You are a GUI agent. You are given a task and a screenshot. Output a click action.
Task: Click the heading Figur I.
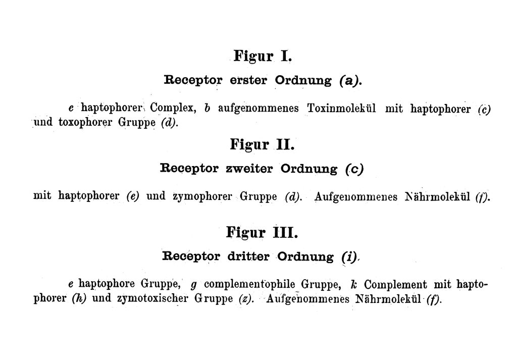[263, 56]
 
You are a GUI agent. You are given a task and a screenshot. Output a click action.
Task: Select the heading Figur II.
[262, 145]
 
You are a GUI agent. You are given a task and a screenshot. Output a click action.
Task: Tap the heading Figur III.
[262, 233]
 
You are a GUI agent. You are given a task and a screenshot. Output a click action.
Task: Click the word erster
[248, 80]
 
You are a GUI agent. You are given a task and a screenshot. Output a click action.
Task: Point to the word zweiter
[249, 169]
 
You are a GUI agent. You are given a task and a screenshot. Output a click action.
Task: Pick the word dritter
[248, 256]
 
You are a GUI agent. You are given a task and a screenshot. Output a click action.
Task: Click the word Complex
[173, 108]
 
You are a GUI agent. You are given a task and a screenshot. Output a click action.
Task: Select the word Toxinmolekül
[342, 108]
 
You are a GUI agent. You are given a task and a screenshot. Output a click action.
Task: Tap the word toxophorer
[85, 123]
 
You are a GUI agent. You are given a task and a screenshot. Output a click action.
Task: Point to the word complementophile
[249, 284]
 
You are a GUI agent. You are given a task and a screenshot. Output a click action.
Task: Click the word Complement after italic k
[395, 284]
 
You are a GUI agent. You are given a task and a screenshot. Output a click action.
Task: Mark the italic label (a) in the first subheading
[349, 81]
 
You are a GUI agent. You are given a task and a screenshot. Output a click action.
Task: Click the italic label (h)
[79, 299]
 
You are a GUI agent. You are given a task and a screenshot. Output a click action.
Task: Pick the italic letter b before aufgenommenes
[207, 108]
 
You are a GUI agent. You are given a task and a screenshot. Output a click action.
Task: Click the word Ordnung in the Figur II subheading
[309, 169]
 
